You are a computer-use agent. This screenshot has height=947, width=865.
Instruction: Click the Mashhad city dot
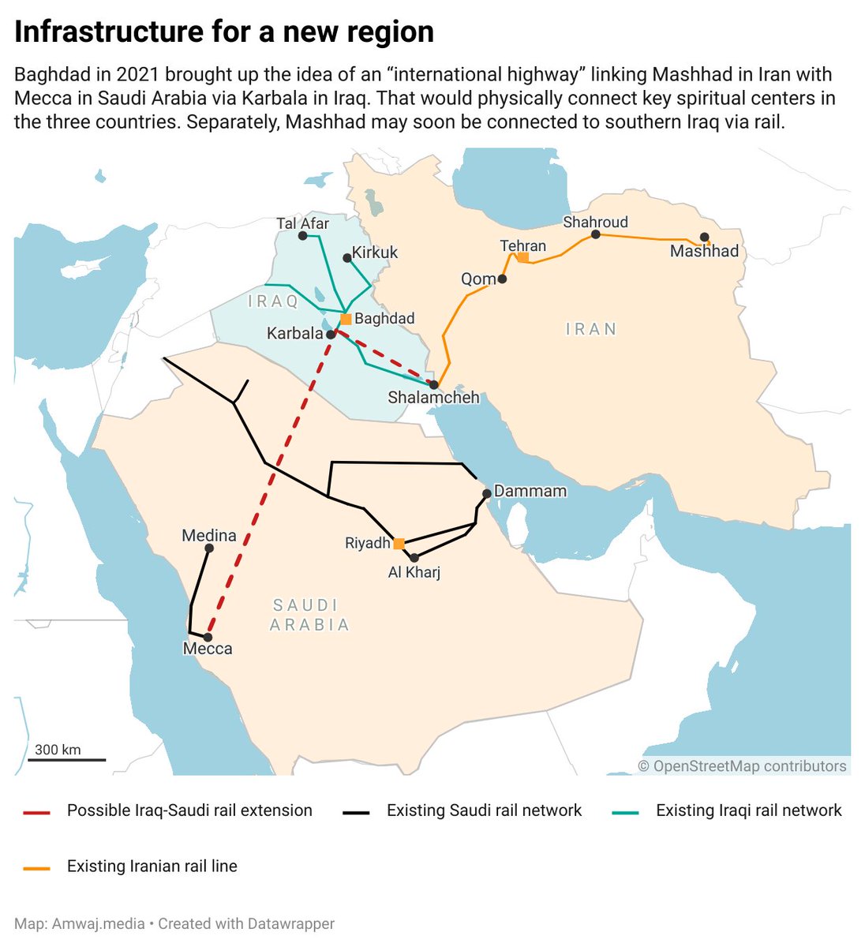coord(704,237)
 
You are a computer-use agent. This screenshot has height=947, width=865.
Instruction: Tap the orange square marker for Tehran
coord(522,258)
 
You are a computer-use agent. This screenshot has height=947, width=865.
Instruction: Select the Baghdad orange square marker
coord(346,320)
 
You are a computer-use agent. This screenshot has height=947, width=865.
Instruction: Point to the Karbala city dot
coord(331,335)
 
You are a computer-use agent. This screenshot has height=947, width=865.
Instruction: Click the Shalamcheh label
coord(433,398)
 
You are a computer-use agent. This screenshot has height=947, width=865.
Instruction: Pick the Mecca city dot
coord(208,637)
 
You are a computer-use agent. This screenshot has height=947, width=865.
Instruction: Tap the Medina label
coord(209,536)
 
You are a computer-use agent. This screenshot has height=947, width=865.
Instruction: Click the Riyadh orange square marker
coord(399,544)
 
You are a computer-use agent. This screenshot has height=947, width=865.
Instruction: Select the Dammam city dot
coord(487,493)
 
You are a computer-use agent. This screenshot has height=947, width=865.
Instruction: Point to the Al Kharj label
coord(414,572)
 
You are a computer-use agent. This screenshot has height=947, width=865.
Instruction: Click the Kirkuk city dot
coord(346,258)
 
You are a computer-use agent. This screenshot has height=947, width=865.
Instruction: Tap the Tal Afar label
coord(303,224)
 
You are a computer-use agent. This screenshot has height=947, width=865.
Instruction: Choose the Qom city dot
coord(502,279)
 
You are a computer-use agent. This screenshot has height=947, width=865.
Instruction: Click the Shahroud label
coord(595,223)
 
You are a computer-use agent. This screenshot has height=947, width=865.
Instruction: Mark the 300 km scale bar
coord(67,760)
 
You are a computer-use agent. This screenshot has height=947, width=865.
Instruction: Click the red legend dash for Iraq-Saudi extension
coord(37,812)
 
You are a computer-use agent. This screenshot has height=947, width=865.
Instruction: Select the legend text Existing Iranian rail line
coord(152,867)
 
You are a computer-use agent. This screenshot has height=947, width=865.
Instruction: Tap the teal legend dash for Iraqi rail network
coord(626,812)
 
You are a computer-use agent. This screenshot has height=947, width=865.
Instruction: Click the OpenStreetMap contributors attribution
coord(742,766)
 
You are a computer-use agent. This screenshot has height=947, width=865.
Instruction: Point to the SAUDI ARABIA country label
coord(309,616)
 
